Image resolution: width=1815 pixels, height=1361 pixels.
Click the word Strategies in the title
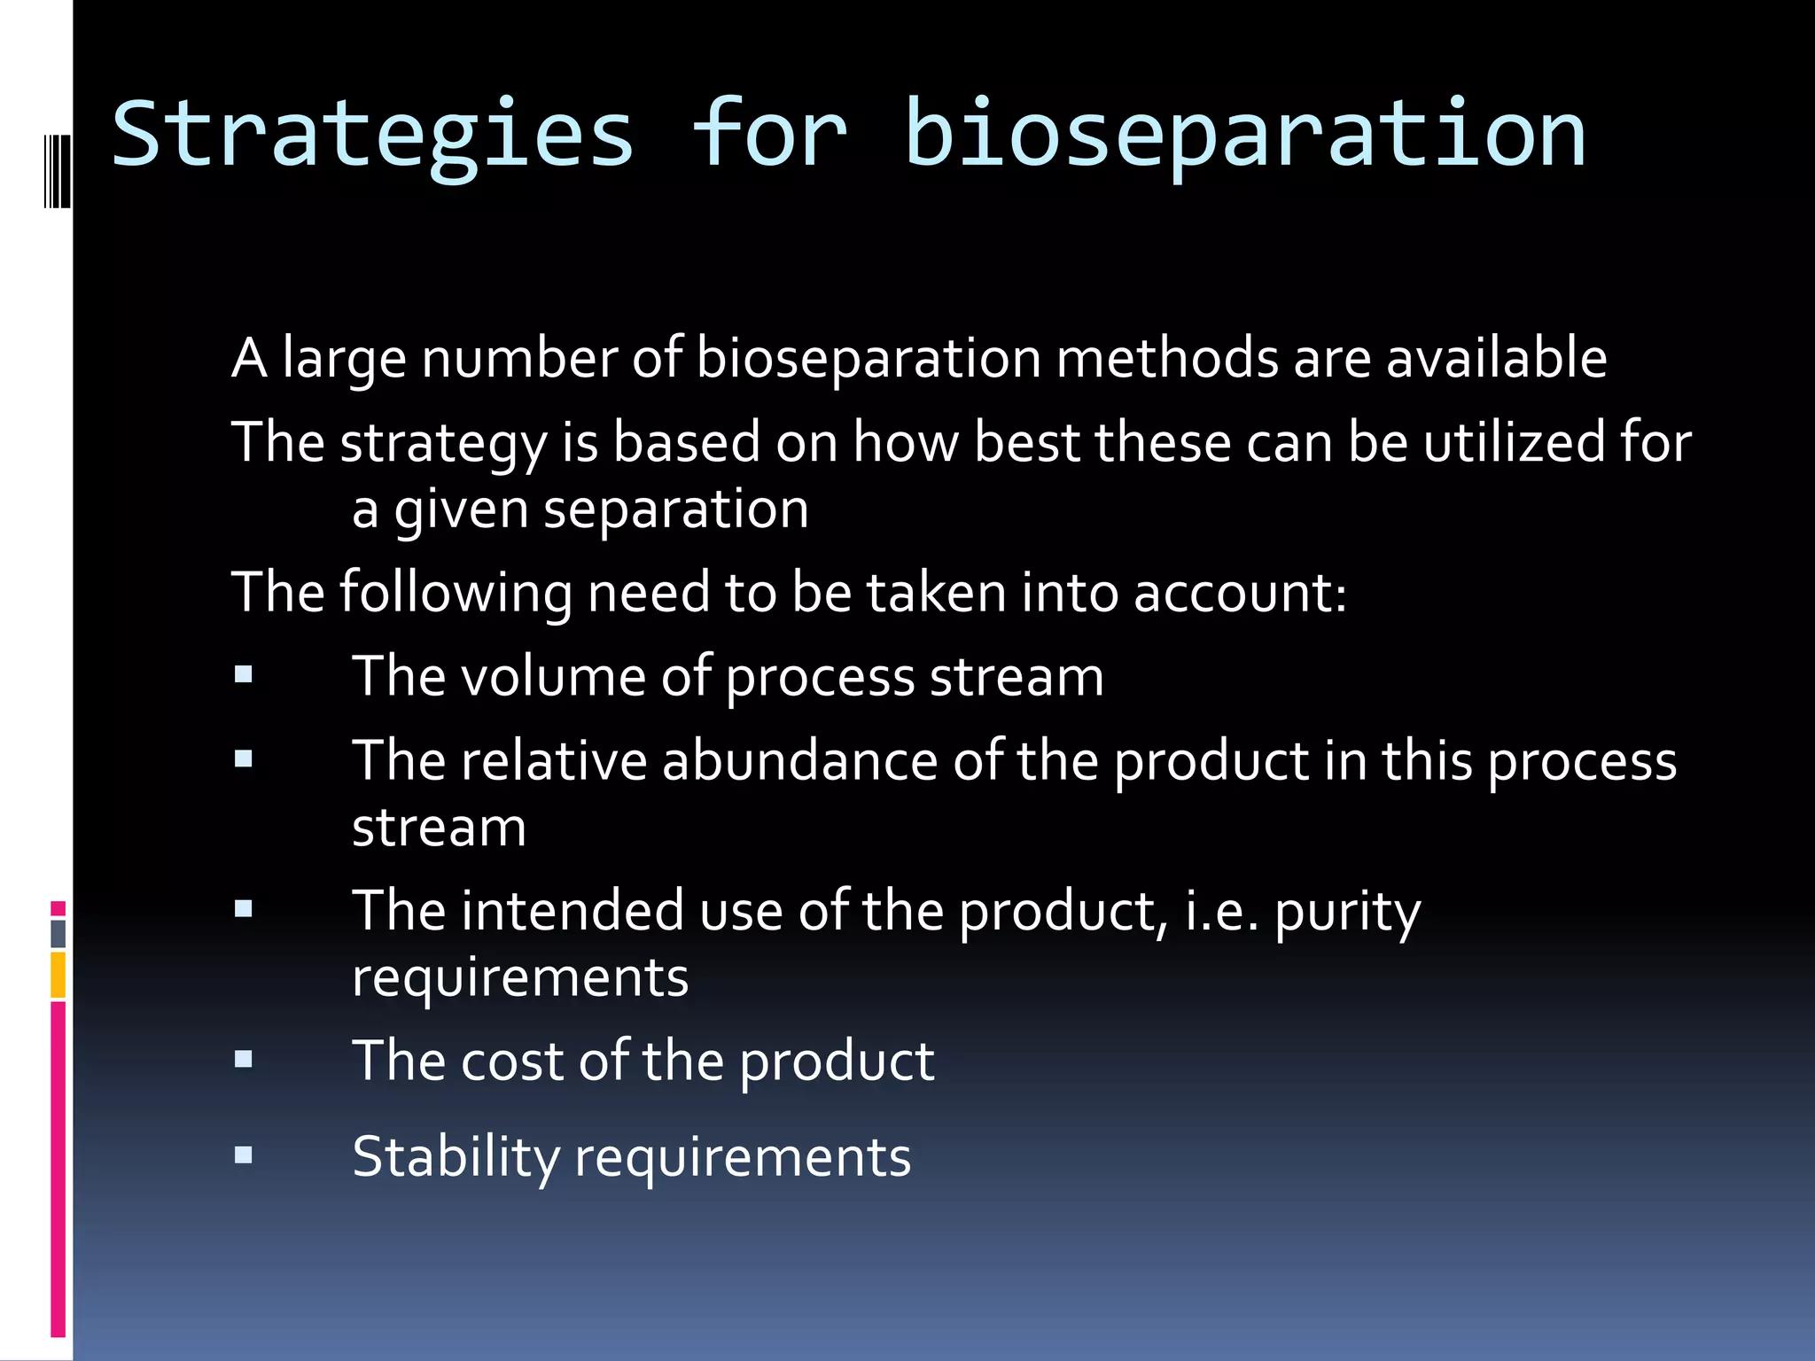[372, 135]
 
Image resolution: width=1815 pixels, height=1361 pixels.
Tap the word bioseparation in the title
[1245, 135]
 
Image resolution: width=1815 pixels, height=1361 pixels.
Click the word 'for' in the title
[769, 135]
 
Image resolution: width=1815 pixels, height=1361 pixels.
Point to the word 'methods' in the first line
[1167, 358]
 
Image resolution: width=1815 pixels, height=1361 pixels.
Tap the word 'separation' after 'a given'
[675, 509]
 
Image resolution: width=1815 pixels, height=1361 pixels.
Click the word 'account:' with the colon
[1240, 592]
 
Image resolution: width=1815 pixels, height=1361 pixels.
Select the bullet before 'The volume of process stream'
[244, 676]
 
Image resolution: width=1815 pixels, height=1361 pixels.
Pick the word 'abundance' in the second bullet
[799, 760]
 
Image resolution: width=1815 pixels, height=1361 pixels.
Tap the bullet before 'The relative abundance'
[244, 759]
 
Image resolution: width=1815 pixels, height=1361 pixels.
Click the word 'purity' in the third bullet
[1347, 911]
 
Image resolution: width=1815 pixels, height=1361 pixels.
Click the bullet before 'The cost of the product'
[244, 1060]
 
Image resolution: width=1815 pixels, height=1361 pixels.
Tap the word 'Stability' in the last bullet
[456, 1156]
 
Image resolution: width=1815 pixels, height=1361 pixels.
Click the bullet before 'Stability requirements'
[244, 1155]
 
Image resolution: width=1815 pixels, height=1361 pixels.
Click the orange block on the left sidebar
[58, 975]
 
